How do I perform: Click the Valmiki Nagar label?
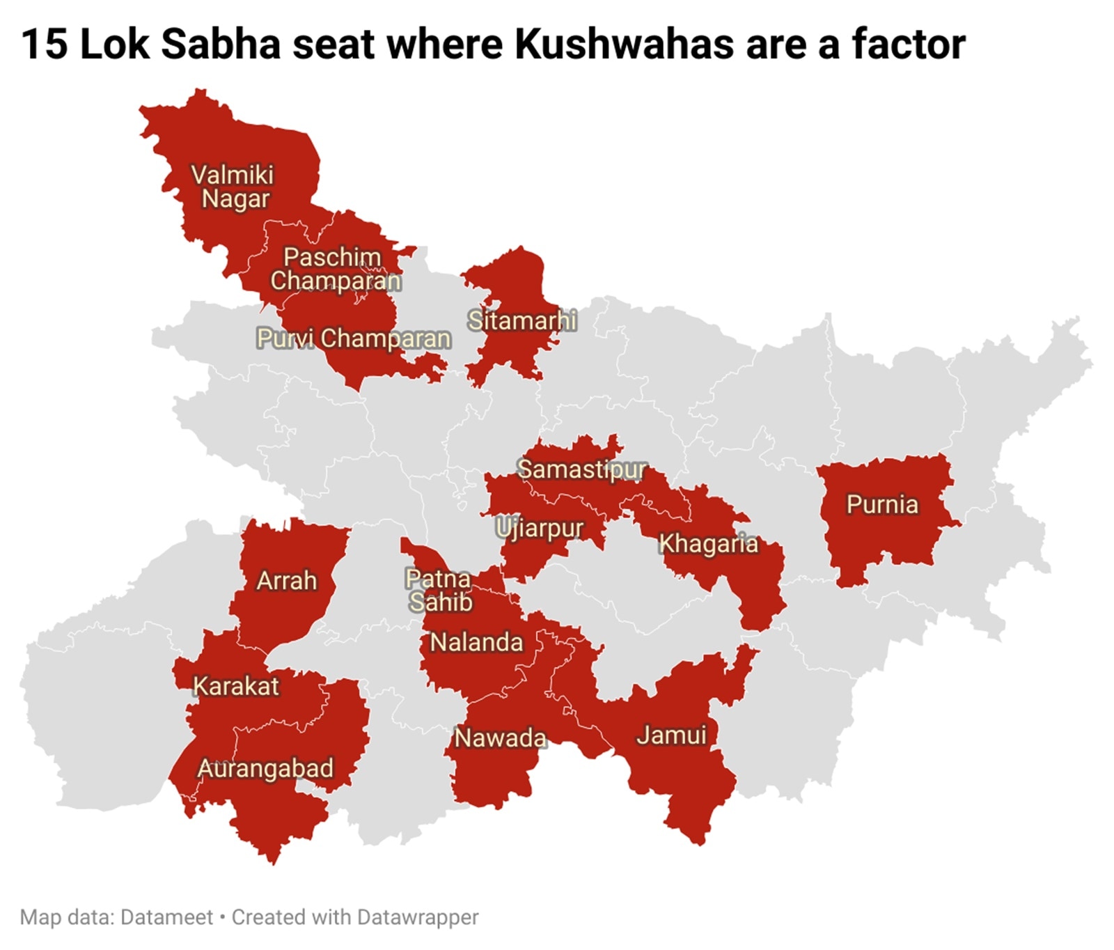233,187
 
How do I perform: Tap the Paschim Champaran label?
335,269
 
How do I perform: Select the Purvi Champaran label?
354,338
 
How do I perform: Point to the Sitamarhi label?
521,320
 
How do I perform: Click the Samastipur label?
582,469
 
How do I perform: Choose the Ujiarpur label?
540,529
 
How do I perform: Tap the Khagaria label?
708,543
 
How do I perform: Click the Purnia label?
882,504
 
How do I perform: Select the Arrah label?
286,580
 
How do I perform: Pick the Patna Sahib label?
439,590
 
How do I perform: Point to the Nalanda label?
476,642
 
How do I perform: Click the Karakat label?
235,686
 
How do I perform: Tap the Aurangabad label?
265,768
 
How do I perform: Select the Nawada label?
500,738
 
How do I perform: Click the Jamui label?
671,735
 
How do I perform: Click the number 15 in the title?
45,44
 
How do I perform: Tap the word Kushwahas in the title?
624,44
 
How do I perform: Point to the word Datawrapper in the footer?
417,917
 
